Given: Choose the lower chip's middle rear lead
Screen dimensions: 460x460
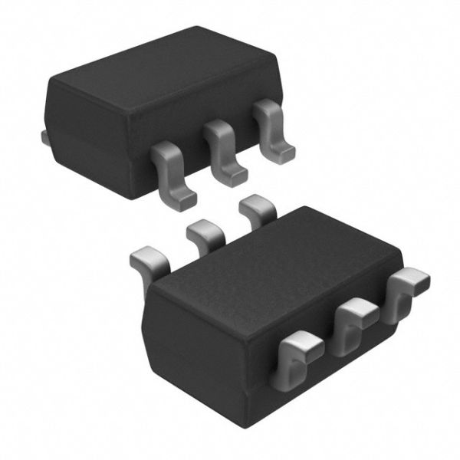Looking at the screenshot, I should (x=203, y=233).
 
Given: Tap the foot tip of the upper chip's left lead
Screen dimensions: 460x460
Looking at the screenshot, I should (x=184, y=198).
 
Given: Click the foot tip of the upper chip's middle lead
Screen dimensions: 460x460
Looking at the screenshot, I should (x=235, y=176).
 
